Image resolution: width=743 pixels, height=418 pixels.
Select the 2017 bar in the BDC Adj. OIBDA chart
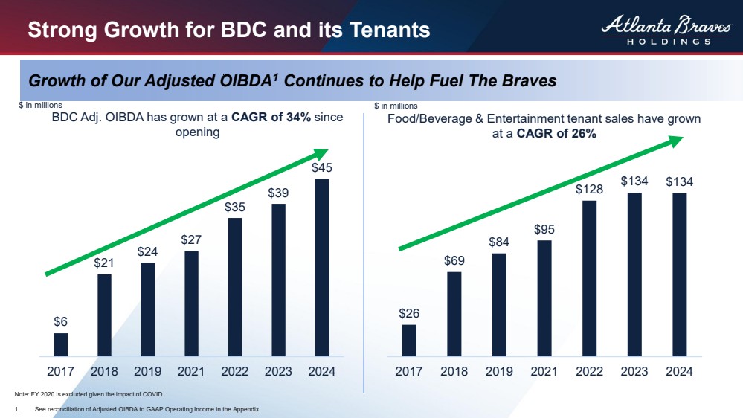(61, 344)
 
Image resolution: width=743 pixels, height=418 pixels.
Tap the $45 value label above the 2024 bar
(322, 168)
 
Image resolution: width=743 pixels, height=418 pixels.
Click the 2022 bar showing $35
(235, 286)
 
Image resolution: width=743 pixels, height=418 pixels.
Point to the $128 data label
(589, 190)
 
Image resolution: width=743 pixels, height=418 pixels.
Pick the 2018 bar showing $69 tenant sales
(454, 314)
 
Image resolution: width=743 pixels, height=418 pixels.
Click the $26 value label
(409, 313)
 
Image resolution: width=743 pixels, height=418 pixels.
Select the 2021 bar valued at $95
(544, 298)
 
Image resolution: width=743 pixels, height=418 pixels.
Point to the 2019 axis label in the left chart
(148, 372)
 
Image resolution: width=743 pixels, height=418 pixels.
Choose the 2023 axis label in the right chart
(634, 372)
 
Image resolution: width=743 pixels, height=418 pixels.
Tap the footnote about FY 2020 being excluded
(89, 394)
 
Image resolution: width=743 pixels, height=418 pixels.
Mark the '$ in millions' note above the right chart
(396, 106)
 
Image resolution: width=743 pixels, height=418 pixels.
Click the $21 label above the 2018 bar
(104, 263)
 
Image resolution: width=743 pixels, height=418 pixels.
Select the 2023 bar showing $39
(278, 280)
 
